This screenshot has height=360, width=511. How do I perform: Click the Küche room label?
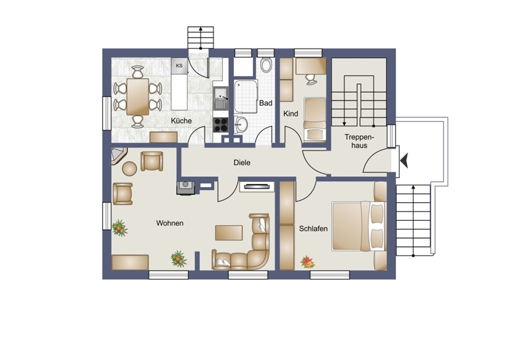(x=181, y=121)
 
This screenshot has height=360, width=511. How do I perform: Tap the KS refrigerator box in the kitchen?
(x=179, y=66)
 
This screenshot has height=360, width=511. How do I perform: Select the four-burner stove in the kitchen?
(x=220, y=124)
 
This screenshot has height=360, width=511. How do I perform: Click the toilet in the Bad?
(x=266, y=65)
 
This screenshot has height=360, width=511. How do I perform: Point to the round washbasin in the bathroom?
(x=241, y=124)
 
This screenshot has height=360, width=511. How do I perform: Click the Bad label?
(x=266, y=103)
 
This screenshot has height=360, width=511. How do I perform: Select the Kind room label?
(x=291, y=114)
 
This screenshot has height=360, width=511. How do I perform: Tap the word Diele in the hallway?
(x=242, y=163)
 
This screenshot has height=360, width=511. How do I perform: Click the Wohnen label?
(x=170, y=223)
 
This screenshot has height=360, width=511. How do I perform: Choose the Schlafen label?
(x=313, y=229)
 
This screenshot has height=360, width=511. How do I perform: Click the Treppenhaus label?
(x=360, y=142)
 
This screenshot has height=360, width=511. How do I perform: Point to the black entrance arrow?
(x=404, y=161)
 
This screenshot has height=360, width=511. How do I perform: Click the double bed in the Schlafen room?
(x=359, y=226)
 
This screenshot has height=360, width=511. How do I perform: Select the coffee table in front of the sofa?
(x=229, y=232)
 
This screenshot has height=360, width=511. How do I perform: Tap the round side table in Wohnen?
(x=130, y=169)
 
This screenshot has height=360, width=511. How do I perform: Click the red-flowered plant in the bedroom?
(x=307, y=262)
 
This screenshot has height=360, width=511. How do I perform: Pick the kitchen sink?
(x=221, y=98)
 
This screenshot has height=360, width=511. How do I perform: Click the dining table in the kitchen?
(x=138, y=97)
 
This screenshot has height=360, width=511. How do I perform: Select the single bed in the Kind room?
(x=315, y=119)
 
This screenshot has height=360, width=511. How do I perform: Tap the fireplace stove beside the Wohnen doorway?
(x=186, y=188)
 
